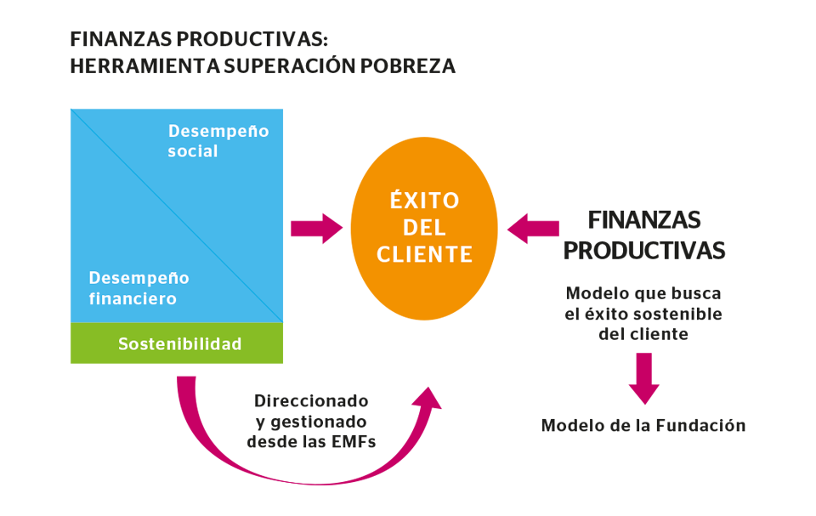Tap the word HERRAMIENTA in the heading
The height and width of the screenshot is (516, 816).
(x=144, y=66)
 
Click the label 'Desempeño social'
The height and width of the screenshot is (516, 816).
(x=218, y=140)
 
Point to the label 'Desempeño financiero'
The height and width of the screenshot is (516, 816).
(x=139, y=288)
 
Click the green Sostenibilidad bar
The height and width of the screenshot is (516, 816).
(x=177, y=343)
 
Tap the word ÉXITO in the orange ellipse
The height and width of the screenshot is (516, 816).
(x=425, y=200)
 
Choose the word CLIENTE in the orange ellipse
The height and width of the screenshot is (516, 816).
(x=425, y=255)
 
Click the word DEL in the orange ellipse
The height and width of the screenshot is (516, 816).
(x=425, y=228)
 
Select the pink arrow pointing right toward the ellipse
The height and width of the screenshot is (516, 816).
(x=316, y=228)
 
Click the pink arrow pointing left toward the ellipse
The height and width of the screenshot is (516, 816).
(x=533, y=228)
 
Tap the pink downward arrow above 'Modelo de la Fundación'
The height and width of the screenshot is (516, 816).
(x=644, y=378)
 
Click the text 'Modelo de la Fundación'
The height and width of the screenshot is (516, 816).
(x=643, y=425)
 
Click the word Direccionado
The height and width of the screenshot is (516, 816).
(x=311, y=401)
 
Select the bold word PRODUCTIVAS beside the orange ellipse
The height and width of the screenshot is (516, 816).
(x=644, y=251)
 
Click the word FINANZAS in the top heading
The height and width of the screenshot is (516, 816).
(x=122, y=39)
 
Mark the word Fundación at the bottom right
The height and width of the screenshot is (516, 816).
(x=700, y=425)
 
